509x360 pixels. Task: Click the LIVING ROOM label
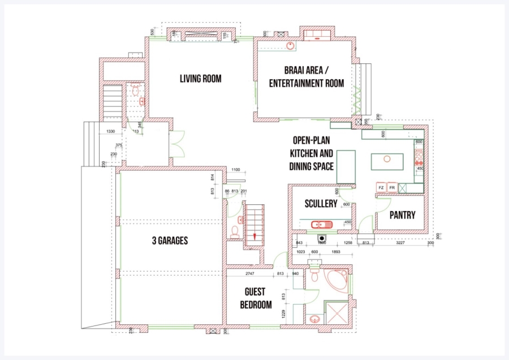pos(200,79)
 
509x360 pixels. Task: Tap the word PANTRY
pos(402,215)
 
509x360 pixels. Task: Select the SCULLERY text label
pos(321,204)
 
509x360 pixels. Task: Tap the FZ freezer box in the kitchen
pos(382,187)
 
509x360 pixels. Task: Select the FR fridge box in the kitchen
pos(392,187)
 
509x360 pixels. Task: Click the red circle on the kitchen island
pos(387,159)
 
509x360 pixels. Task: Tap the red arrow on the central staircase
pos(255,237)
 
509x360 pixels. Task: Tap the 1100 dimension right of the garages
pos(236,170)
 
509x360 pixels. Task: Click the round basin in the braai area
pos(290,46)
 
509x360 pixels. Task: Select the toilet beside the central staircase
pos(235,231)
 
